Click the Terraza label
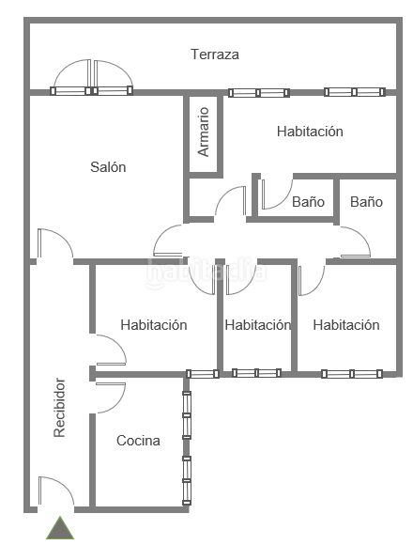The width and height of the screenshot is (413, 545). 215,54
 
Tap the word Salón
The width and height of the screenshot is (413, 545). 108,167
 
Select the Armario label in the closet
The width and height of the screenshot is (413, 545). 204,132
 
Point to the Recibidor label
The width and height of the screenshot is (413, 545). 59,408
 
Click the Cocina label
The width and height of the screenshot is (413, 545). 138,441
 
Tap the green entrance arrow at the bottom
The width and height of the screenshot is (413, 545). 60,528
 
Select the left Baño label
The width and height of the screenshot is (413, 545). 308,202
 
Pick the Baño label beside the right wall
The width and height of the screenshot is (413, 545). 366,202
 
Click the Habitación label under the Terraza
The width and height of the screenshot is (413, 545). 310,131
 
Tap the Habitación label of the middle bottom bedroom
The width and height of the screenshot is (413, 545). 257,324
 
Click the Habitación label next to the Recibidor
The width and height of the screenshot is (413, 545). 154,324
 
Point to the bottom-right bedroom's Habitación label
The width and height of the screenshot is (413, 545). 346,324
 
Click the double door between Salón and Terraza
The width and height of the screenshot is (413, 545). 92,77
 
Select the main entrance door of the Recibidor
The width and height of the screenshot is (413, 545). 55,490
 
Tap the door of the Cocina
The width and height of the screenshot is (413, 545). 111,397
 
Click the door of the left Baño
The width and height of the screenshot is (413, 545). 277,195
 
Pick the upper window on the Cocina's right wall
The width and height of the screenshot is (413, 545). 187,415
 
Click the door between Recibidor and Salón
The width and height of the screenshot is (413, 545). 54,243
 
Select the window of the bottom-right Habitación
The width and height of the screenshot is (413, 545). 352,374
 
